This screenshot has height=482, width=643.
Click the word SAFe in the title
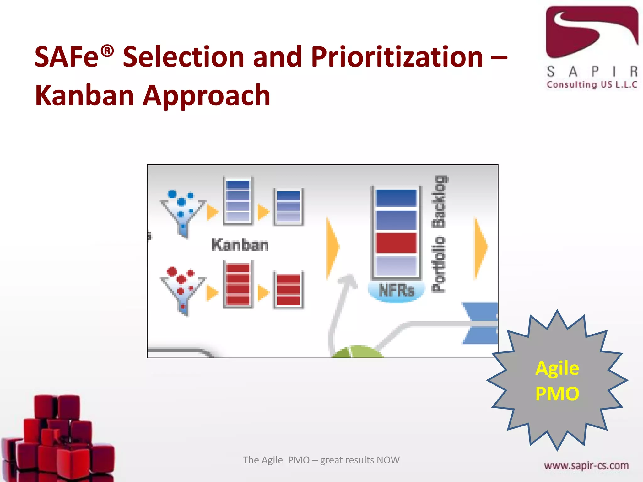pyautogui.click(x=67, y=57)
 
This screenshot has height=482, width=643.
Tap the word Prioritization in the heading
pyautogui.click(x=397, y=57)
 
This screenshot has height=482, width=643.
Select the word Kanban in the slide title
pyautogui.click(x=84, y=96)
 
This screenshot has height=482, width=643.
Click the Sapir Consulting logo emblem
pyautogui.click(x=592, y=31)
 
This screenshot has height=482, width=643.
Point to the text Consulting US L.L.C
pyautogui.click(x=592, y=85)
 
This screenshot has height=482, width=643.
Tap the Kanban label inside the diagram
pyautogui.click(x=240, y=245)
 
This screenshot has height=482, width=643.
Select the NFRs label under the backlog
pyautogui.click(x=396, y=290)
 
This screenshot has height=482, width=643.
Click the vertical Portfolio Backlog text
pyautogui.click(x=439, y=234)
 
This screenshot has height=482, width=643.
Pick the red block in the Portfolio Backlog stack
pyautogui.click(x=396, y=243)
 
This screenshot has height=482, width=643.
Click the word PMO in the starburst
pyautogui.click(x=557, y=394)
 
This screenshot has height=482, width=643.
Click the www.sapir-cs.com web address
pyautogui.click(x=586, y=465)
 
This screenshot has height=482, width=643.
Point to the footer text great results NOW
pyautogui.click(x=360, y=460)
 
